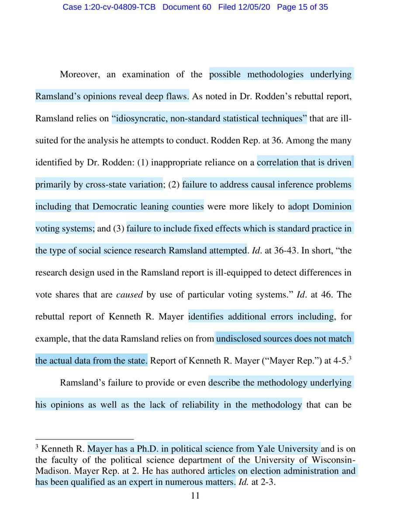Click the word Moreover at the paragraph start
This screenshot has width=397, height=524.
tap(78, 74)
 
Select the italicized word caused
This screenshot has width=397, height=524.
tap(130, 294)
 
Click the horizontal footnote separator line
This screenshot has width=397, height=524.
tap(84, 438)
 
